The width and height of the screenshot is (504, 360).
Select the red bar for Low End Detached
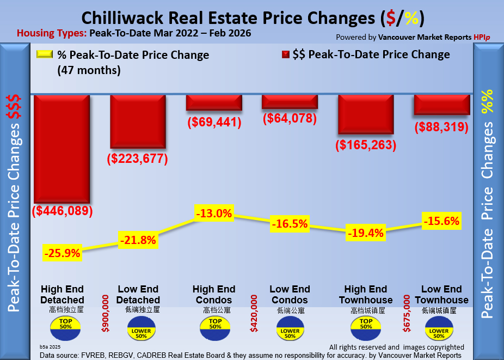tap(138, 121)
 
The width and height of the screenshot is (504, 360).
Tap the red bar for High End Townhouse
tap(366, 114)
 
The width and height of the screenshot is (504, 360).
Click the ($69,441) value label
tap(214, 122)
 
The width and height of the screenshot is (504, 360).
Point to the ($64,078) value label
tap(290, 118)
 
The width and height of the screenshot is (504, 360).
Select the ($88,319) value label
tap(442, 127)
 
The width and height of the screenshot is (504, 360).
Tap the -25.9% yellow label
tap(63, 253)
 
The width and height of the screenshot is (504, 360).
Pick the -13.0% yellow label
tap(215, 213)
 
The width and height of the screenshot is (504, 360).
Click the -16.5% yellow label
tap(290, 223)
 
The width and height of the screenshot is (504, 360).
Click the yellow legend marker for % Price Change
tap(44, 54)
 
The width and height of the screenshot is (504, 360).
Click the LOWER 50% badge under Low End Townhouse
tap(440, 330)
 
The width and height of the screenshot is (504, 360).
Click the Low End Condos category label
tap(290, 295)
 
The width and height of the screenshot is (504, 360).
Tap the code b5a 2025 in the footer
tap(51, 346)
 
